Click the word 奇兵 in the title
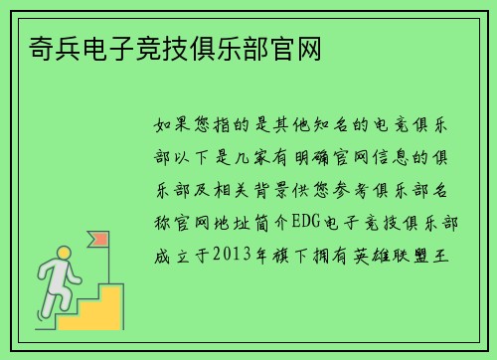(43, 48)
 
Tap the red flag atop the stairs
(99, 241)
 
